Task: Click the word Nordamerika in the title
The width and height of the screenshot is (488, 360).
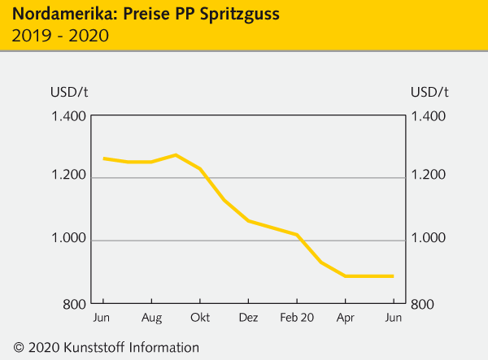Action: click(56, 15)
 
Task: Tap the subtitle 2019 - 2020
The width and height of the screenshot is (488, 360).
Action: click(61, 36)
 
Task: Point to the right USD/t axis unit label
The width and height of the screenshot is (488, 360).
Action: click(429, 90)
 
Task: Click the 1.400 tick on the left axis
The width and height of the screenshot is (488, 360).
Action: click(69, 116)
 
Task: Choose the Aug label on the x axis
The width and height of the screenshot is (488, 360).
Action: click(151, 318)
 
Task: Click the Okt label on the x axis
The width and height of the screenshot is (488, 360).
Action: click(200, 318)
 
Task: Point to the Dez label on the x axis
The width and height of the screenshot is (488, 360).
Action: click(249, 318)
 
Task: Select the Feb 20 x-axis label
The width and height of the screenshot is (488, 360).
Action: click(297, 318)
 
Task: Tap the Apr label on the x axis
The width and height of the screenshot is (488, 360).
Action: click(346, 318)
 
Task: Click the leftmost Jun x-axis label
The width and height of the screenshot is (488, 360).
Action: click(102, 318)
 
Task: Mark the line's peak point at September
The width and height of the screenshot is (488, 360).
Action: click(175, 154)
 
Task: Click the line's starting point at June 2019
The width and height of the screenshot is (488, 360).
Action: click(103, 158)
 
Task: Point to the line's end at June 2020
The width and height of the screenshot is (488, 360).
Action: click(394, 276)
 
